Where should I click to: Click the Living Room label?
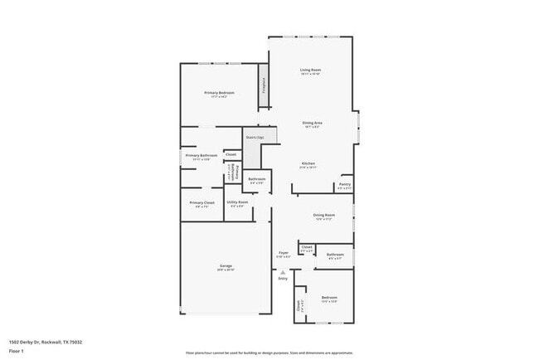(311, 70)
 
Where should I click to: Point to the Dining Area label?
(313, 123)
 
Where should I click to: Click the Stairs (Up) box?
(255, 137)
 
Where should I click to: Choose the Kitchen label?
(308, 163)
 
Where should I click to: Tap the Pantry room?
(345, 185)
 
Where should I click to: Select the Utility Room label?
(237, 202)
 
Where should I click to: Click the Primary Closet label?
(202, 202)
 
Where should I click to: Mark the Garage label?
(226, 265)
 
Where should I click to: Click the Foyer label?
(284, 252)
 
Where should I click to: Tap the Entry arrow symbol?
(283, 271)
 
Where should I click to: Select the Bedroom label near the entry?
(329, 297)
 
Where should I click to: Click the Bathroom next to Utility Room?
(257, 179)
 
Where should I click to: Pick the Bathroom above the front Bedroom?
(335, 255)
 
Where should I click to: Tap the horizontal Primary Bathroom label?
(202, 155)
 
